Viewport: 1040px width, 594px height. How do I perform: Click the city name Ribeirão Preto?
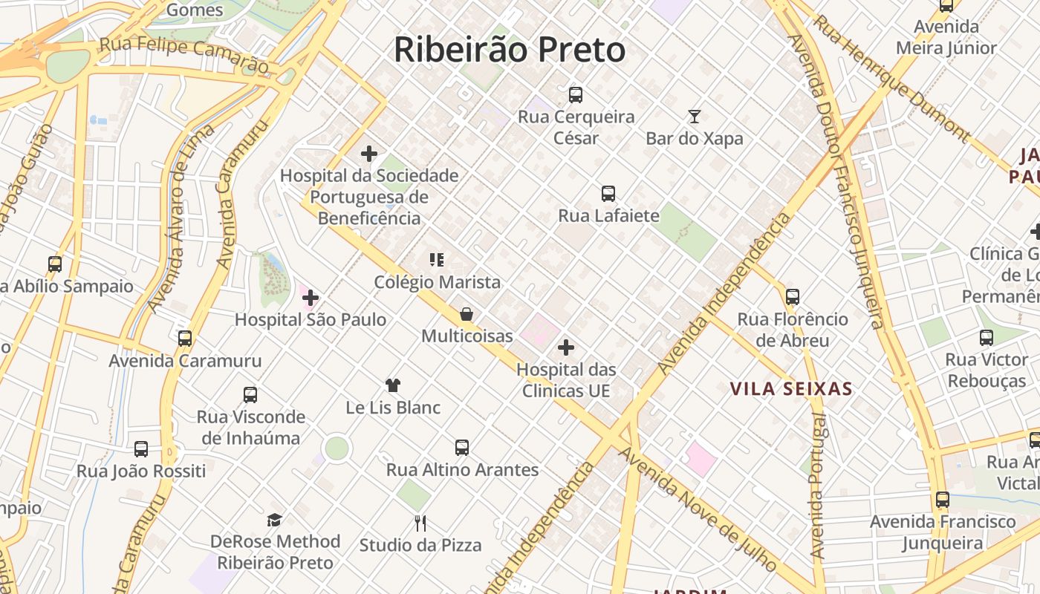click(x=510, y=50)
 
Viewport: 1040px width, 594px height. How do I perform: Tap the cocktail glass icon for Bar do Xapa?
click(x=695, y=116)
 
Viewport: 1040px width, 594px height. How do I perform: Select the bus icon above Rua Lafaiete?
click(x=608, y=194)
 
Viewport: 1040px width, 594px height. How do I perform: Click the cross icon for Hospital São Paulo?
click(x=311, y=298)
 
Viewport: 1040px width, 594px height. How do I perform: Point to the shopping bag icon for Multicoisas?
click(x=467, y=314)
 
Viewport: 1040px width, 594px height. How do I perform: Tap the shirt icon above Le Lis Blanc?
click(x=393, y=385)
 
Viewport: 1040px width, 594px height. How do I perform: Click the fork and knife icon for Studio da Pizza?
click(x=420, y=523)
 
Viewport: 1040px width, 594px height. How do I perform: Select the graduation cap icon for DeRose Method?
click(x=275, y=519)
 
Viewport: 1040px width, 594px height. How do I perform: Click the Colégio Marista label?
click(x=437, y=282)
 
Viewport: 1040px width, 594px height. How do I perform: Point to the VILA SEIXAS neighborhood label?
click(x=790, y=389)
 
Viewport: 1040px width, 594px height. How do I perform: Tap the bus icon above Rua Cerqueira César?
click(x=576, y=94)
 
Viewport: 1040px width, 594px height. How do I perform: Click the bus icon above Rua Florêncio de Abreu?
click(x=793, y=297)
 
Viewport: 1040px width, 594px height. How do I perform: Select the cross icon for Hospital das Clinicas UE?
click(x=566, y=347)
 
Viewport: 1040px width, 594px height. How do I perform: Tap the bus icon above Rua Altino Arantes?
click(x=462, y=447)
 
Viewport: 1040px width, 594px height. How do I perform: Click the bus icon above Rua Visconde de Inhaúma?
click(x=250, y=394)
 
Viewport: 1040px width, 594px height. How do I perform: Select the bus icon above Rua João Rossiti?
click(x=141, y=448)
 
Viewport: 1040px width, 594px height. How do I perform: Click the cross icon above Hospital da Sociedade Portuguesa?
click(x=369, y=154)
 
